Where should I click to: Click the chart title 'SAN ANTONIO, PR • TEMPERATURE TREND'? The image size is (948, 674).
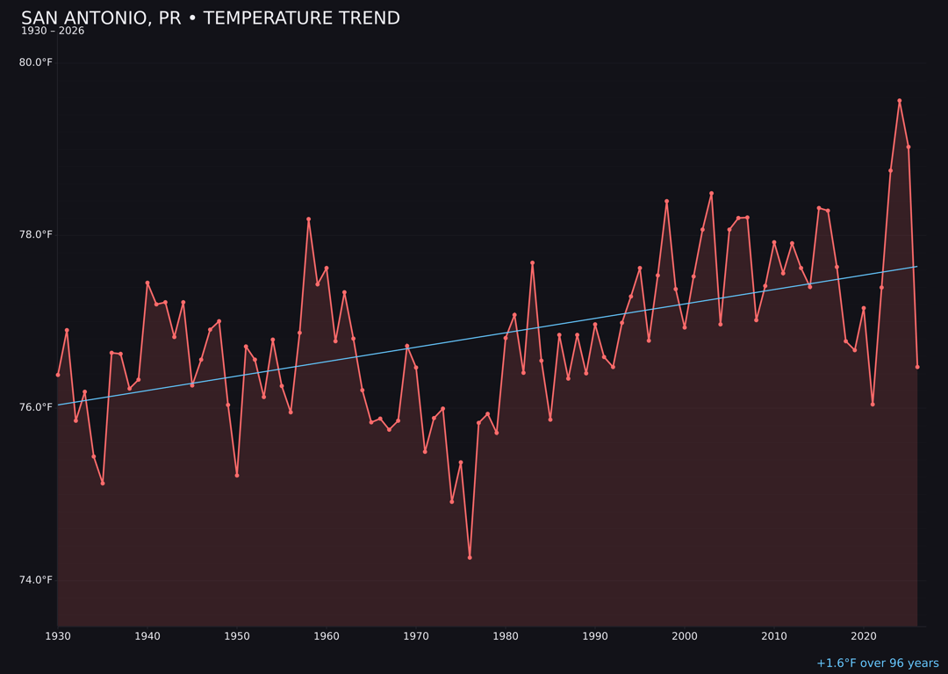tap(211, 18)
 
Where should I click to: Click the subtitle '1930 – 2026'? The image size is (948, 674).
tap(53, 32)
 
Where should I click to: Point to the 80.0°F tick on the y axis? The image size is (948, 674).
tap(35, 62)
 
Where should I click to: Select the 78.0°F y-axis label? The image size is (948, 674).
tap(35, 234)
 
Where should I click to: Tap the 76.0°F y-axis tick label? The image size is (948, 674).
tap(35, 407)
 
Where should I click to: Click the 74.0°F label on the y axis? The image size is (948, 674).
tap(35, 580)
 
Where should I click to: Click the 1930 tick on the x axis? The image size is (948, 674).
tap(58, 636)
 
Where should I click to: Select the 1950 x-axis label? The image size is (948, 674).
tap(237, 636)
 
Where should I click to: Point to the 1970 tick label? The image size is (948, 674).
tap(416, 636)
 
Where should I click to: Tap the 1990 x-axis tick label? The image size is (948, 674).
tap(595, 636)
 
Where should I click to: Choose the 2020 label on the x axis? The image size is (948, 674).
tap(864, 636)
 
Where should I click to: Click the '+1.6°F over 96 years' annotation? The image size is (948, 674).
tap(877, 663)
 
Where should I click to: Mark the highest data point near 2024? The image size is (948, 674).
tap(899, 101)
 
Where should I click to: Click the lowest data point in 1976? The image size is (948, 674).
tap(470, 557)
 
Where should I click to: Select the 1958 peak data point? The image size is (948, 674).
tap(308, 219)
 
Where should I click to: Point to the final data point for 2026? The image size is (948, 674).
tap(917, 367)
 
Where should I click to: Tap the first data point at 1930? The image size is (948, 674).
tap(58, 375)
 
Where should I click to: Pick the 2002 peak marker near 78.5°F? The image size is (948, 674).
tap(711, 193)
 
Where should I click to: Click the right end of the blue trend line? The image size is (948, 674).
tap(916, 267)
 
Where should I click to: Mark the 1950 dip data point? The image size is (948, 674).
tap(237, 476)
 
